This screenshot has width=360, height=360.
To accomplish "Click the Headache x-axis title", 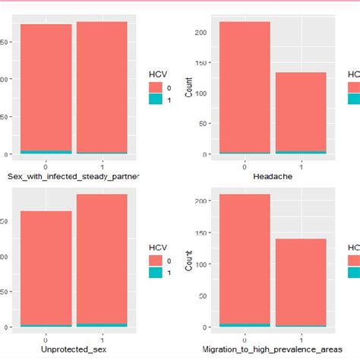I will point(273,176).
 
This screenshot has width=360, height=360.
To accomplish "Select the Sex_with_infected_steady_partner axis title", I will point(73,176).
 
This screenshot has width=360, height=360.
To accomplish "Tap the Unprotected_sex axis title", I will point(73,349).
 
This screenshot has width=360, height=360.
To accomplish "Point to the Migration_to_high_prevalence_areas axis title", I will point(273,349).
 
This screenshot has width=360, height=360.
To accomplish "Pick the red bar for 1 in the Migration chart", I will point(301,281).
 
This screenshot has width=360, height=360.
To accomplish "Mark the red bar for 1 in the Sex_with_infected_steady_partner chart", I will point(102,87).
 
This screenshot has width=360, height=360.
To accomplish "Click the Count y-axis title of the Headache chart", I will point(189,93).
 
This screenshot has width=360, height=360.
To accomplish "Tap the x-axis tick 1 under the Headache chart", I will point(301,166).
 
